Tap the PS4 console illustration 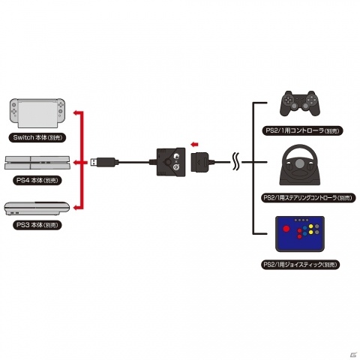37,163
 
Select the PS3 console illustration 37,208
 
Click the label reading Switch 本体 37,137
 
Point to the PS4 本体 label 37,180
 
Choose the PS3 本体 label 37,225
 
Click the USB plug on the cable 103,162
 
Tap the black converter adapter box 172,162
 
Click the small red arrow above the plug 194,144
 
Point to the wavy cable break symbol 235,161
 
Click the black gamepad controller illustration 300,103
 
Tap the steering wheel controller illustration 300,165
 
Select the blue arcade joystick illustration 300,234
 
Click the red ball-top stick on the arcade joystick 286,229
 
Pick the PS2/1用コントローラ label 302,130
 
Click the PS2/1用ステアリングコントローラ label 308,198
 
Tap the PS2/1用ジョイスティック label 301,265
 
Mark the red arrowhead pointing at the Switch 76,112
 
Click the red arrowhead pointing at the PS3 76,207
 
